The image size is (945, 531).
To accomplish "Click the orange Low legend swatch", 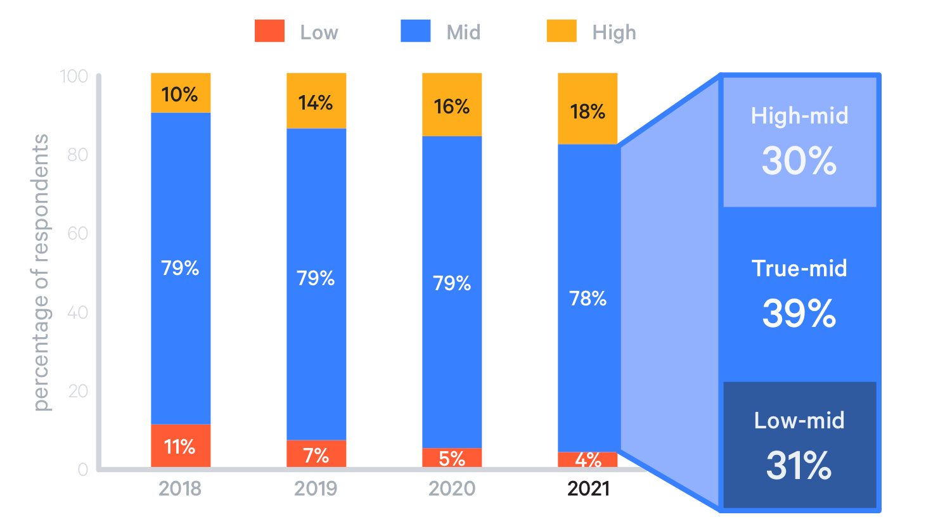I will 269,31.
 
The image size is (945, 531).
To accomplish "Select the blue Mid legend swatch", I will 415,31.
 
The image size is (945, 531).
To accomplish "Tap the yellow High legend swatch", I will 562,31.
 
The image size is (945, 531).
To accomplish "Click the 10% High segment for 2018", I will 181,94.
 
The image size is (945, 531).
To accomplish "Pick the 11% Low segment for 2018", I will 181,446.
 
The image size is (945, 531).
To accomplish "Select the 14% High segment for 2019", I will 316,101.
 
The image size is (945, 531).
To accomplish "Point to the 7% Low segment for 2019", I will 316,454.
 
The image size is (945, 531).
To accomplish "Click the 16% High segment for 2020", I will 452,105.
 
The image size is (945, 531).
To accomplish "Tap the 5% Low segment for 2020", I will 452,457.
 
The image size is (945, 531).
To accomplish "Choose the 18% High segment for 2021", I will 588,110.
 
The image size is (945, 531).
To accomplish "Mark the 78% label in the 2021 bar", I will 588,298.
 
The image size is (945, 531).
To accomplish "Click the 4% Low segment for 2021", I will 588,459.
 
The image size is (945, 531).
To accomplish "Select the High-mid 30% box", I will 800,143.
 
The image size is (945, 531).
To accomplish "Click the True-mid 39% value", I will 799,313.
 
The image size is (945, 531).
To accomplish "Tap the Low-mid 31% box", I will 800,445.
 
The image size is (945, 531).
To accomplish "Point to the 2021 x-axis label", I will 588,489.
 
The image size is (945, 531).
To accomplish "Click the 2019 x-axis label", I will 316,489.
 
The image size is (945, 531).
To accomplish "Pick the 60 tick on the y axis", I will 77,233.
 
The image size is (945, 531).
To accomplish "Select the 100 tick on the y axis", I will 74,76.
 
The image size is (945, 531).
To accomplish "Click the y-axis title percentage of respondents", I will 40,272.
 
